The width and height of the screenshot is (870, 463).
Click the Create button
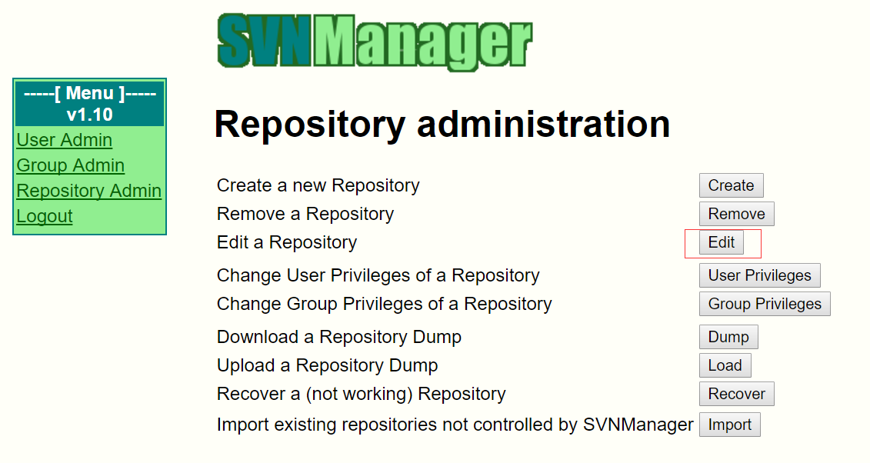[x=732, y=185]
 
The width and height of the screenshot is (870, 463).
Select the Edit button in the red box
[x=722, y=242]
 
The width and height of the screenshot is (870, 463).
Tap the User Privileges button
[x=759, y=275]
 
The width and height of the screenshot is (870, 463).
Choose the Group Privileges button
[x=765, y=304]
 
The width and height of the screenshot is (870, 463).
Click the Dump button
[x=728, y=337]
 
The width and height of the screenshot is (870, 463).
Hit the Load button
[x=725, y=365]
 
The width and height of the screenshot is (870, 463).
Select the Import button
[x=730, y=425]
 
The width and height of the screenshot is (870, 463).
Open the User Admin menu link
[x=65, y=140]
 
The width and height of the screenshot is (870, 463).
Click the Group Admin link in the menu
[x=71, y=165]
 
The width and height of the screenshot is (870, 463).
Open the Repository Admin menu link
[x=88, y=191]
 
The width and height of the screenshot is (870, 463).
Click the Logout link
[x=45, y=216]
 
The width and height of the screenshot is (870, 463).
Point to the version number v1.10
[x=89, y=115]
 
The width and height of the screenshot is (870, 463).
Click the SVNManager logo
[x=375, y=42]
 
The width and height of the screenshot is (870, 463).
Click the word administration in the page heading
[x=543, y=124]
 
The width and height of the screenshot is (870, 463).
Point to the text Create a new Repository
[x=318, y=185]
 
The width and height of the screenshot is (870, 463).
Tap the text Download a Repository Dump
[x=339, y=337]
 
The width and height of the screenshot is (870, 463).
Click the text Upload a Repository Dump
[x=328, y=365]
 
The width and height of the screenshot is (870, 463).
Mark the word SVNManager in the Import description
[x=638, y=425]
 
